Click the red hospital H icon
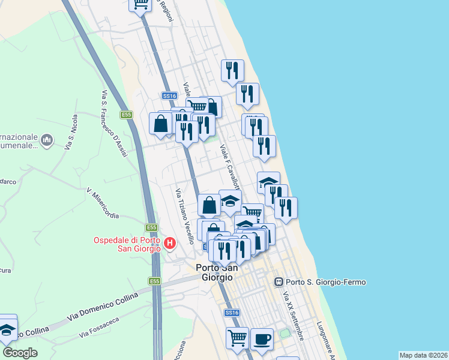coord(170,244)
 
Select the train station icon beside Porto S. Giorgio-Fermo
coord(279,281)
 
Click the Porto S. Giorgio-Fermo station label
coord(326,282)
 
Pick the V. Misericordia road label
coord(103,202)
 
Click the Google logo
coord(20,353)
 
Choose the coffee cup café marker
coord(261,338)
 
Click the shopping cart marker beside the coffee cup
coord(237,338)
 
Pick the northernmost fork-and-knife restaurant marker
coord(232,70)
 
